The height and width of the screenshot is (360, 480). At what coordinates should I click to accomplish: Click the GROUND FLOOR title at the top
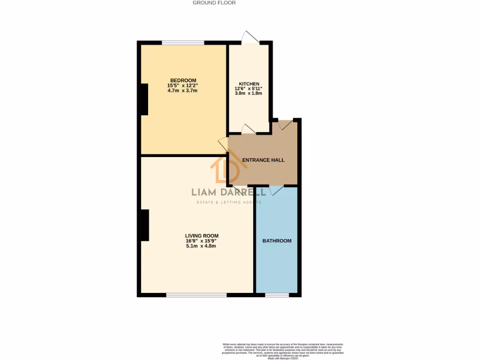(214, 3)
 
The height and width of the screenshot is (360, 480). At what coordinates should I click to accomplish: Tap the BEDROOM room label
(183, 80)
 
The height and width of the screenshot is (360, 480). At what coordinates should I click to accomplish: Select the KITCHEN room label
(248, 84)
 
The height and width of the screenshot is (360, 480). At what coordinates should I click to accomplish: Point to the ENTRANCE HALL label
(263, 160)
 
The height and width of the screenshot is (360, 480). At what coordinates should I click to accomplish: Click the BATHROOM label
(277, 241)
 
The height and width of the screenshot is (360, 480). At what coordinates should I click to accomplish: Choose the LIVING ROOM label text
(202, 236)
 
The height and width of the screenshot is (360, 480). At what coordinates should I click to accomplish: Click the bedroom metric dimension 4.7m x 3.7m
(183, 90)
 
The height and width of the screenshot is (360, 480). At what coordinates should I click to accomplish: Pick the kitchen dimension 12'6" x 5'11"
(248, 89)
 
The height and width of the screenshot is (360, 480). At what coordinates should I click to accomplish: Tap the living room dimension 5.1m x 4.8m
(201, 246)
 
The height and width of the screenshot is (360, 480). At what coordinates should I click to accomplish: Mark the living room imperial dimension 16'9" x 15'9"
(201, 241)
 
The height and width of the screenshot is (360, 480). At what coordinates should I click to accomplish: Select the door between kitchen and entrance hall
(248, 130)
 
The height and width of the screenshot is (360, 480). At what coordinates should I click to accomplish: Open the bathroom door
(276, 189)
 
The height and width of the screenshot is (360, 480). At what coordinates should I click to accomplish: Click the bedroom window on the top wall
(183, 43)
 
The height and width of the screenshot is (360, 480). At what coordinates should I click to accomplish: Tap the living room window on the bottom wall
(196, 295)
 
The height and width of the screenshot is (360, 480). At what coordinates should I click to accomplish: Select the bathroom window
(277, 295)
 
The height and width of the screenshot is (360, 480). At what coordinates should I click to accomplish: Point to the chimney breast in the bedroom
(144, 99)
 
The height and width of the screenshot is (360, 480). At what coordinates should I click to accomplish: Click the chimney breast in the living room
(145, 225)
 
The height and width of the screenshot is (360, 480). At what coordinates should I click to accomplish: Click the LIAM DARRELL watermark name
(228, 192)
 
